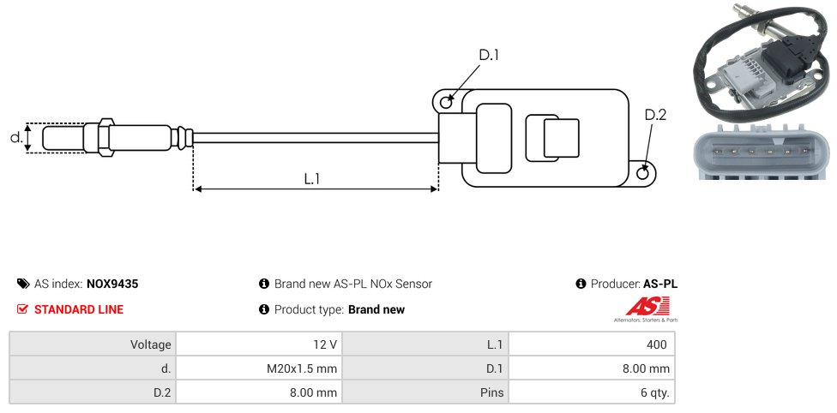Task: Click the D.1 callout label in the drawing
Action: click(489, 55)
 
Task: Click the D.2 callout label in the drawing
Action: click(655, 115)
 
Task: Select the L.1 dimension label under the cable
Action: click(312, 179)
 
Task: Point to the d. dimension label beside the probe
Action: click(16, 138)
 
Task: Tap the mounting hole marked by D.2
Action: click(643, 173)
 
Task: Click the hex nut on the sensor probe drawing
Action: click(105, 138)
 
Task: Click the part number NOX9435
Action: click(112, 284)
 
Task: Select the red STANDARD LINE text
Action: click(79, 309)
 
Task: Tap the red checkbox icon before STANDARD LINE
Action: click(22, 309)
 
